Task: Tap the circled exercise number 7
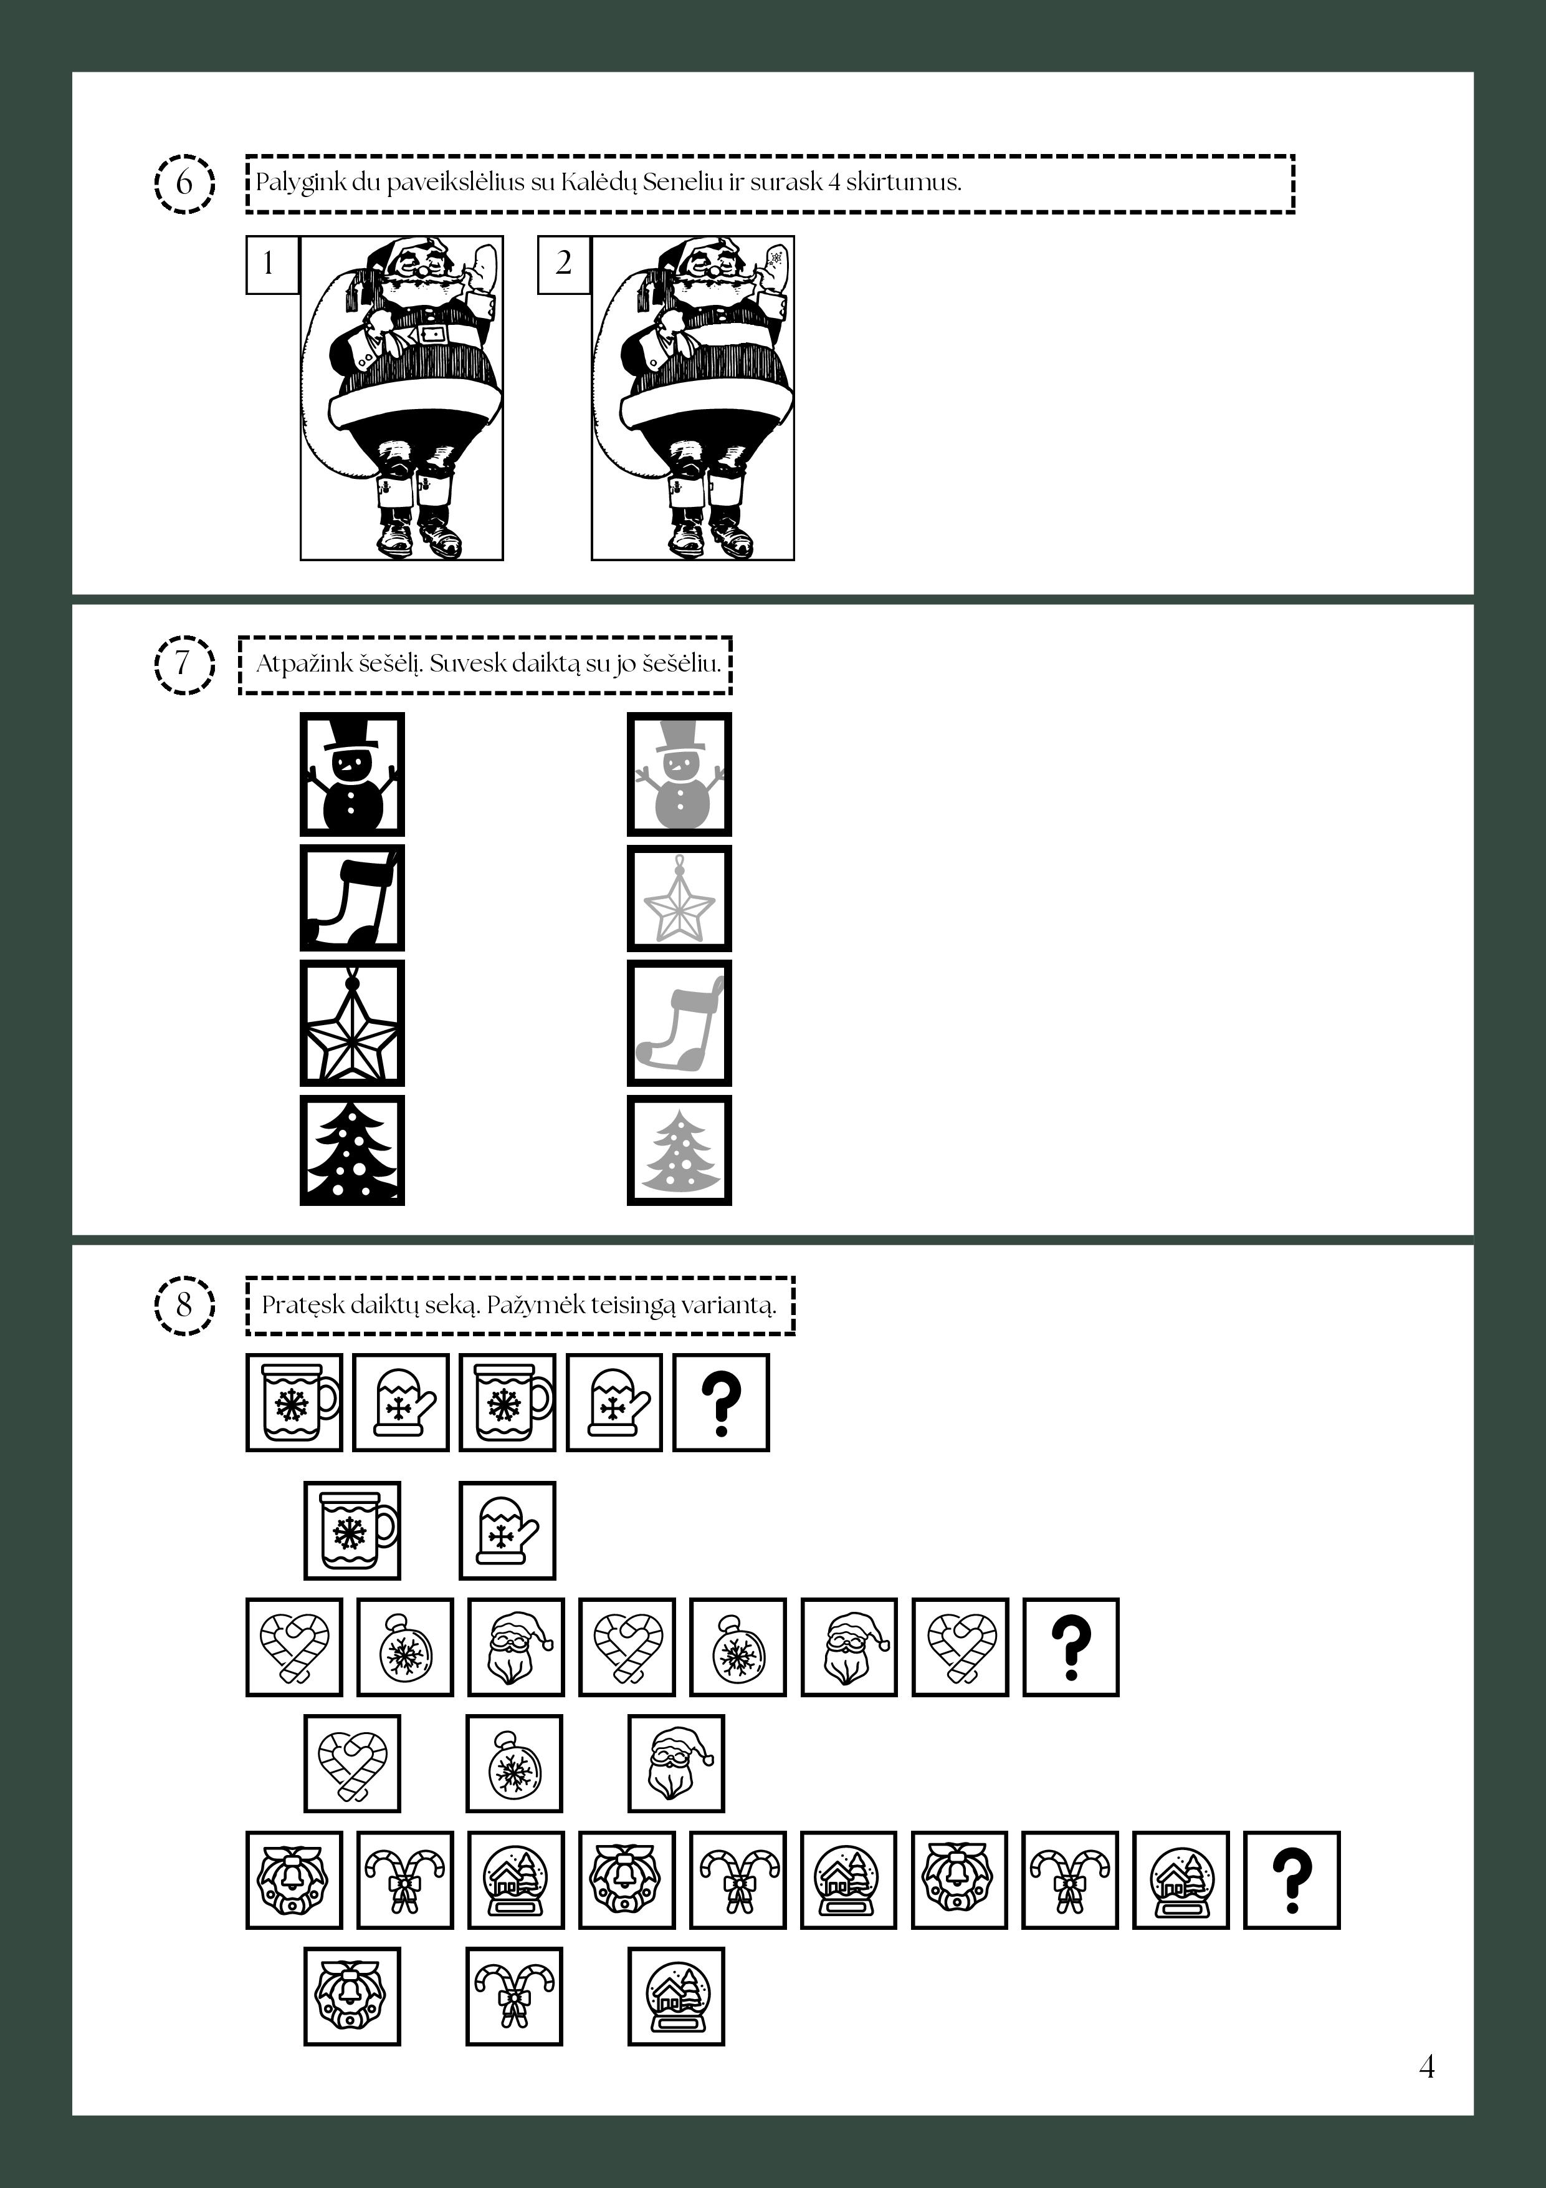[x=183, y=663]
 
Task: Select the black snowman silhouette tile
[x=353, y=774]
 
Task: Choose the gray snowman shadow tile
[x=679, y=774]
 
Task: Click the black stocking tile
[x=353, y=898]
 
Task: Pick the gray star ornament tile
[x=679, y=898]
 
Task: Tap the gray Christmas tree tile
[x=679, y=1150]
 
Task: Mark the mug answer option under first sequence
[x=353, y=1530]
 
